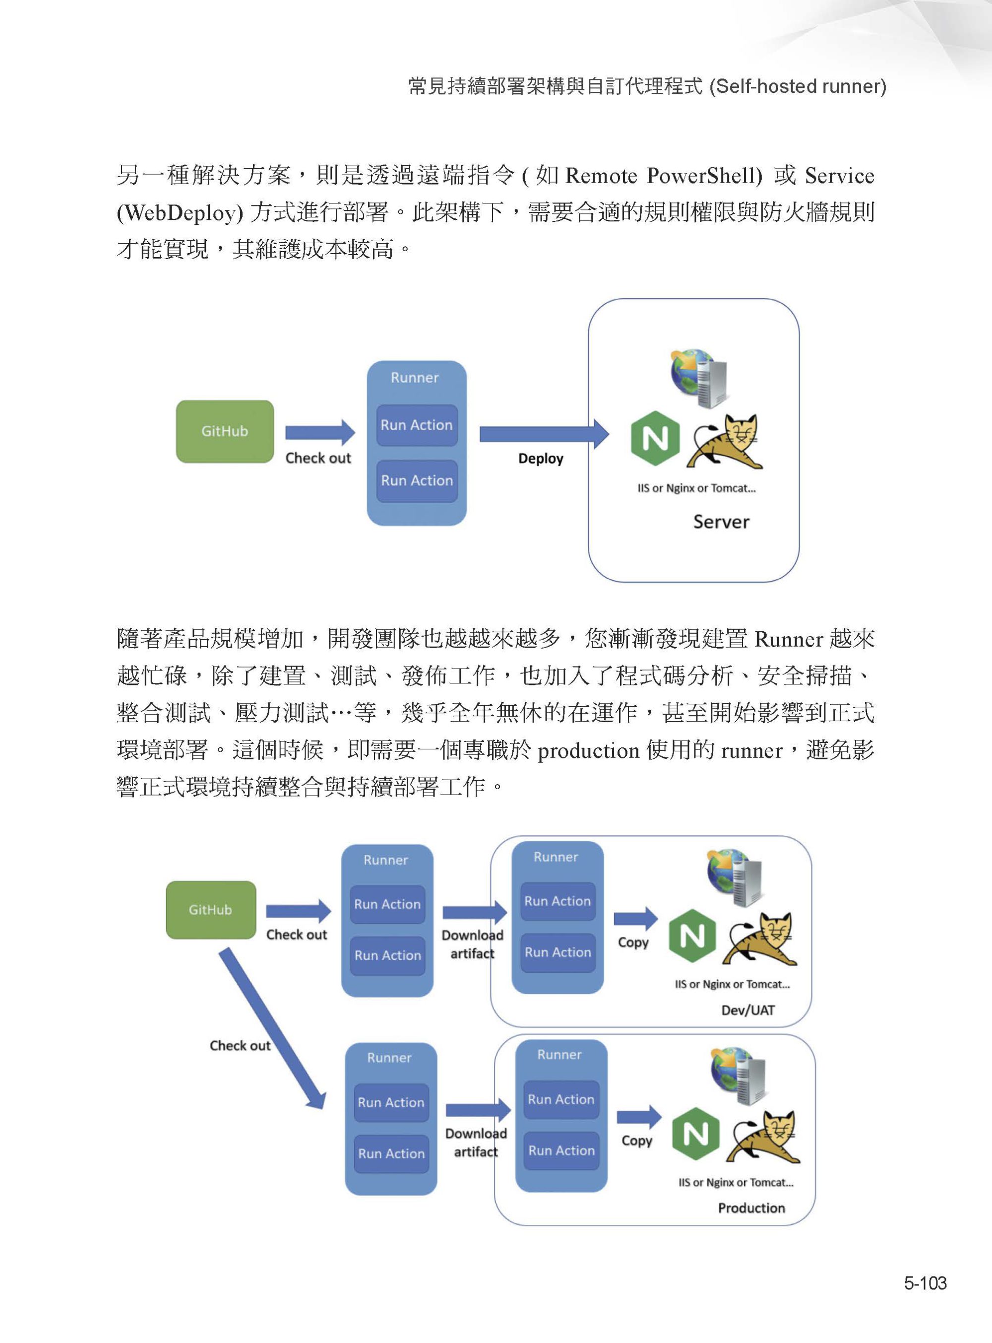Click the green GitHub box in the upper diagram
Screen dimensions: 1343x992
[225, 431]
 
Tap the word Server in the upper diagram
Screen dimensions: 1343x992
[721, 522]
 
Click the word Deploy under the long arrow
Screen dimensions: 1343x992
[541, 459]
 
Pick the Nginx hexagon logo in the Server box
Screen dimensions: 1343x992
[655, 439]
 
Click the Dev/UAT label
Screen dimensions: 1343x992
[747, 1010]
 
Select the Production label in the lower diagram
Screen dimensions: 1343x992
[751, 1208]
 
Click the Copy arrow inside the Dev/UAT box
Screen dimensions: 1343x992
[635, 918]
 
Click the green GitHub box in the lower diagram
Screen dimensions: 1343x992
[211, 910]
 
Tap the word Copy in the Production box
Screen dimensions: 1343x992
[636, 1141]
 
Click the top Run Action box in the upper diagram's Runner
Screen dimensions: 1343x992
[417, 425]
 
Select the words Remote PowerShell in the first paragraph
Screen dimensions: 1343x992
[664, 176]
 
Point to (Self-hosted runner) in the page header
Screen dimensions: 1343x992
[798, 86]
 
